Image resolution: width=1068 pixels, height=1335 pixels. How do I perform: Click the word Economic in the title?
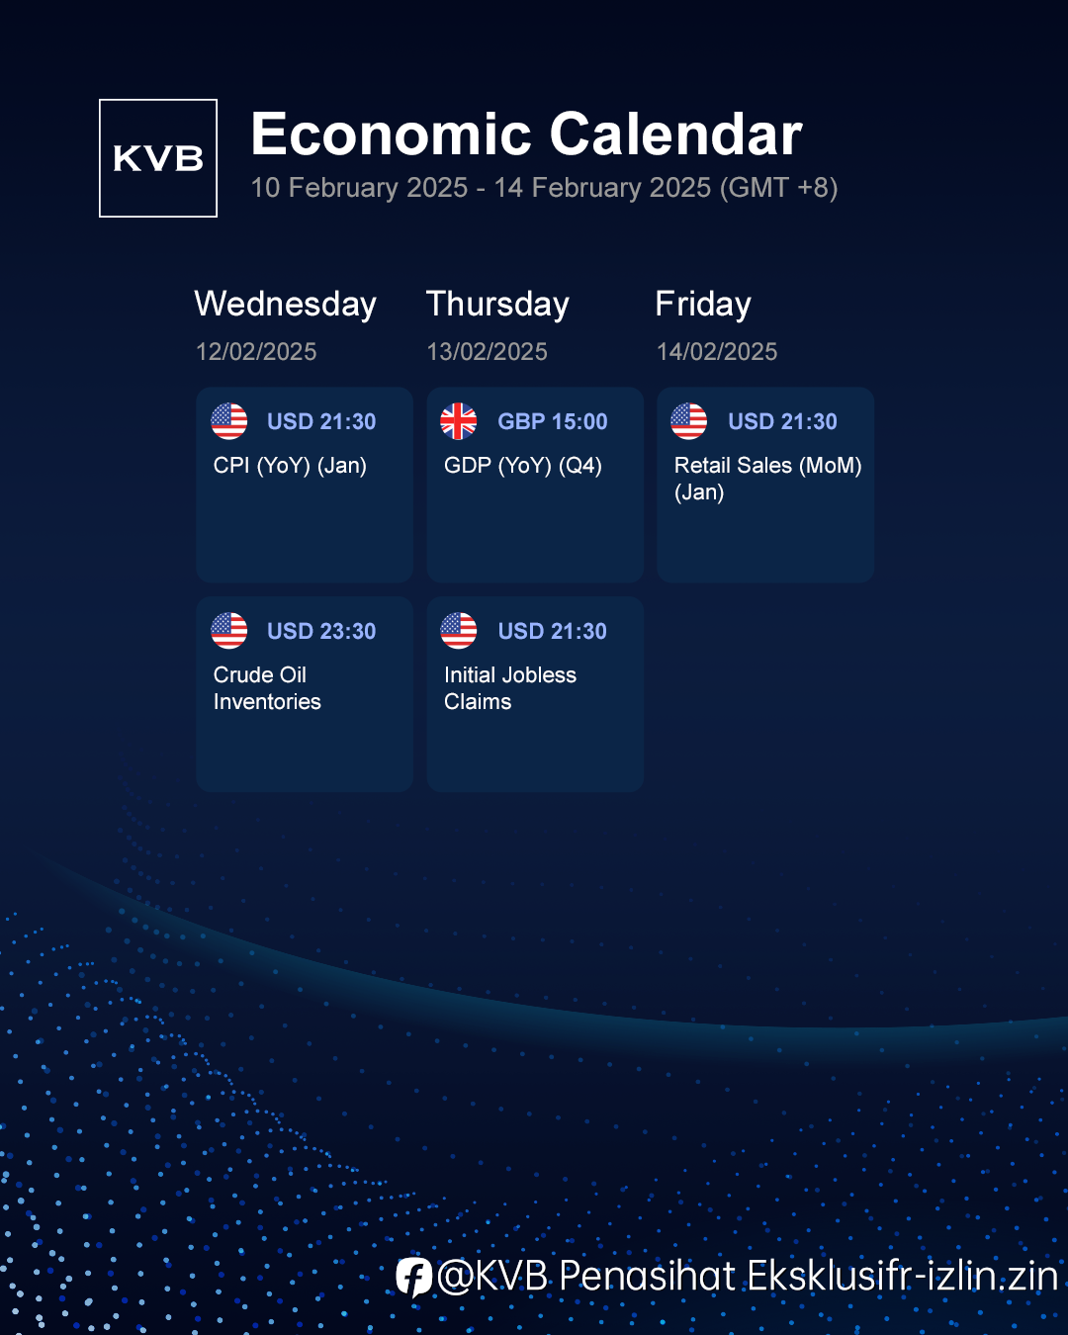click(391, 133)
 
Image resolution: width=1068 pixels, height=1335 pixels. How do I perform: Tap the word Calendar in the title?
click(675, 133)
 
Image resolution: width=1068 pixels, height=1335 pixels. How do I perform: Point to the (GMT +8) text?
click(779, 187)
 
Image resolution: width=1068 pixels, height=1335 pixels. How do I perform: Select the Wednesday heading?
click(286, 304)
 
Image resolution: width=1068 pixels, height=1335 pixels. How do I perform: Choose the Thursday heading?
click(497, 304)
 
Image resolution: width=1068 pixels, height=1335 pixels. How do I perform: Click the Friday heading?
click(703, 304)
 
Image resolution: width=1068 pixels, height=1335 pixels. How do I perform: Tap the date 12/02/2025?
click(256, 352)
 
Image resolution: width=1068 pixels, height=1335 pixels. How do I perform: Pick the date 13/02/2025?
click(488, 352)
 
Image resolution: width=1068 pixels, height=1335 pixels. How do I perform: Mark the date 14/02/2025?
click(717, 352)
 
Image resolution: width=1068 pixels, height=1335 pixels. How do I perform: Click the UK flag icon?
click(459, 421)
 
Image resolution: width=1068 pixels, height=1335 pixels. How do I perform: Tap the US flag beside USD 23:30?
click(229, 631)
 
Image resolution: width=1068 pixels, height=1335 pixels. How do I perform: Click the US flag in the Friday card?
click(689, 421)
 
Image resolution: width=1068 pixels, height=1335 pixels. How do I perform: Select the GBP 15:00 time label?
click(553, 422)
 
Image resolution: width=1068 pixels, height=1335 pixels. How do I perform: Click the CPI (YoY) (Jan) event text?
click(290, 466)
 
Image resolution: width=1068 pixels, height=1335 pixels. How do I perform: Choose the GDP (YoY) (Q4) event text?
click(523, 466)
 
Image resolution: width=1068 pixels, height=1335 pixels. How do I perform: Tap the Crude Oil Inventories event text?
click(267, 688)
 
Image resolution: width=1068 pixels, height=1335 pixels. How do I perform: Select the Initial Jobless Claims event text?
click(510, 688)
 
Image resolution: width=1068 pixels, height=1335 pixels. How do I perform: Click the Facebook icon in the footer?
click(414, 1277)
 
